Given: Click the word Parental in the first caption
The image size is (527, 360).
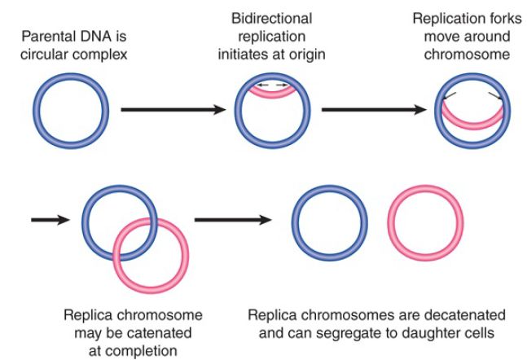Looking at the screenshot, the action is [44, 37].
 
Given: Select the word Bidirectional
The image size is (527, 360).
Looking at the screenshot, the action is [271, 19].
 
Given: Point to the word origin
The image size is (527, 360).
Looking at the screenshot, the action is [309, 55].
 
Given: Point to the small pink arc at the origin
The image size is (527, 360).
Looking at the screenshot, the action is [272, 91].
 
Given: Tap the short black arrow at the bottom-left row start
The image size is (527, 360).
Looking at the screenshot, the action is [51, 220].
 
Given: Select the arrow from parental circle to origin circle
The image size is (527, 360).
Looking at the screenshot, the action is [173, 110].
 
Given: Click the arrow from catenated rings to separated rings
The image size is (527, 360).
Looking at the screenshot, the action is [233, 220].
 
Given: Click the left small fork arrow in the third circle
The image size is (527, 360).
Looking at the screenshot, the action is [449, 96].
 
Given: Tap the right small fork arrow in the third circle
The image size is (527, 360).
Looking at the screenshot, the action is [495, 96].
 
